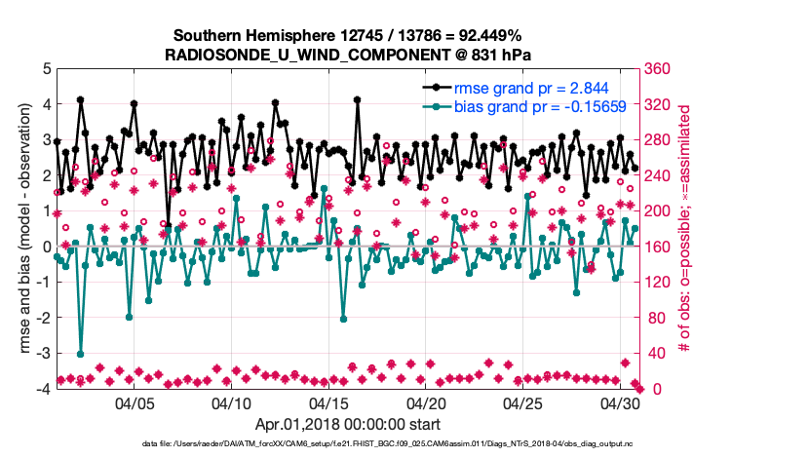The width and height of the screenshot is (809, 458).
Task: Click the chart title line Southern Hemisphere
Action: (x=347, y=35)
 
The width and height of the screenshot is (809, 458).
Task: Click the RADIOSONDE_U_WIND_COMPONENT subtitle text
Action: (x=347, y=55)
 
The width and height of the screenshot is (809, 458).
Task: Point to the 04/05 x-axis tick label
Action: (x=135, y=402)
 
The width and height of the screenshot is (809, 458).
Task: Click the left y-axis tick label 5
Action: (x=46, y=69)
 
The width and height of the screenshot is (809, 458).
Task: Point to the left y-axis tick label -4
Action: (x=43, y=389)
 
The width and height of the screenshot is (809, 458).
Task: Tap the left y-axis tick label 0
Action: (x=46, y=247)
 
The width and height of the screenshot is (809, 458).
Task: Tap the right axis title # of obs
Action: (x=686, y=229)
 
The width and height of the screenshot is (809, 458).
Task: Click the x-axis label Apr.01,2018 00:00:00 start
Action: (x=347, y=424)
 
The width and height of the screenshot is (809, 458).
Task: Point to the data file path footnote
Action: (x=347, y=444)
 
